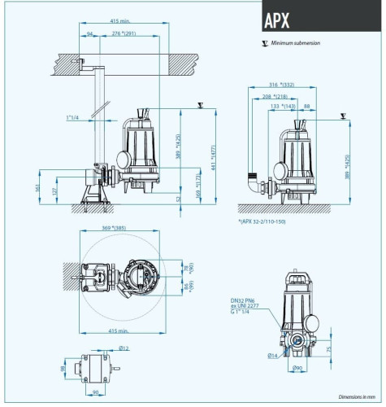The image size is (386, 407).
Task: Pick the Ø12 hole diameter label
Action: pos(123,348)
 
